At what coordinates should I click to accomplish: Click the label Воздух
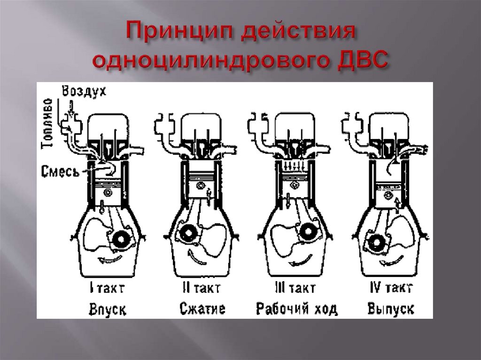coord(84,91)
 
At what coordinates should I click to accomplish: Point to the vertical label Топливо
coord(48,123)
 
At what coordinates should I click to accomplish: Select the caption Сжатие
coord(202,308)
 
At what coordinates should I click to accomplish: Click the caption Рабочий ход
coord(297,308)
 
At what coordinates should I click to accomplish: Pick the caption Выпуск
coord(391,308)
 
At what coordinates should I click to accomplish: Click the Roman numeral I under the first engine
coord(92,288)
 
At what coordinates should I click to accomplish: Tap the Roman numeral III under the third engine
coord(280,288)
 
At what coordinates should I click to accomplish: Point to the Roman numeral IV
coord(376,288)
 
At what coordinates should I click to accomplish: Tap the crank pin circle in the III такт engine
coord(306,231)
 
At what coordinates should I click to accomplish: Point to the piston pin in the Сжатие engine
coord(201,186)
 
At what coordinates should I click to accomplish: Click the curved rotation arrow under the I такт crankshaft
coord(109,259)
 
